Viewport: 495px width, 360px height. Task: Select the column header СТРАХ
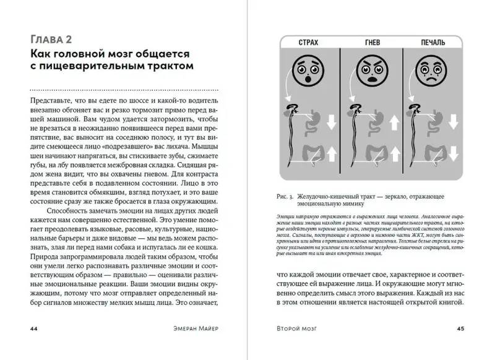308,42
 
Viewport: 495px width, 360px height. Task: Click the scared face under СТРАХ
308,71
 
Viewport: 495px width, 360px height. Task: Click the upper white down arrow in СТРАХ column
330,122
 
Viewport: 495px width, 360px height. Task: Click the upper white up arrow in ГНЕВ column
391,122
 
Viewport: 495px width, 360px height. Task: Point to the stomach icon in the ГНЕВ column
371,121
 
